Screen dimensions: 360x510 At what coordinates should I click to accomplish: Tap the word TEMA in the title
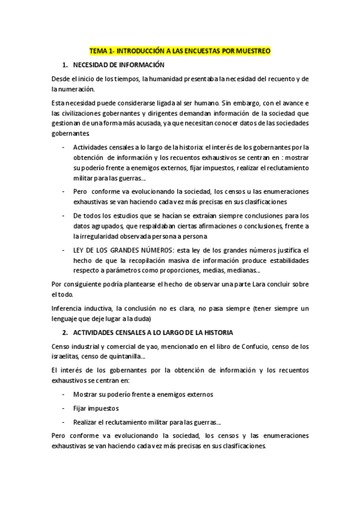point(97,52)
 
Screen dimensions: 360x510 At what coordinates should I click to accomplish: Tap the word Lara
point(257,284)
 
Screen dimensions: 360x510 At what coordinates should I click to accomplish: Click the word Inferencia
point(68,309)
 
